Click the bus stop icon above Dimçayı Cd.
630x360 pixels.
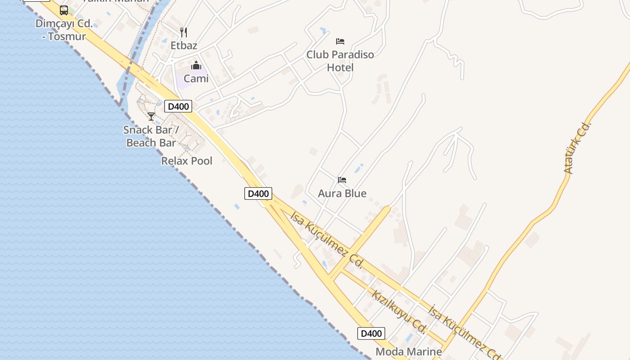(x=64, y=10)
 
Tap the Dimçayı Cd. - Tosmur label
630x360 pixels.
(x=64, y=30)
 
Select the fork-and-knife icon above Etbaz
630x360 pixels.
(x=184, y=32)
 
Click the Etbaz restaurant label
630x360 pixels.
(x=184, y=45)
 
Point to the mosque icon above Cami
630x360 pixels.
(x=196, y=66)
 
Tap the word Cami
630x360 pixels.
(x=196, y=78)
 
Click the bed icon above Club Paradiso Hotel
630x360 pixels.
(x=340, y=41)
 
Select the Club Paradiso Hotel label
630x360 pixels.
(x=340, y=61)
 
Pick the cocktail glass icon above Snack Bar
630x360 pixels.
(x=151, y=117)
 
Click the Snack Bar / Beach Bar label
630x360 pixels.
(x=151, y=136)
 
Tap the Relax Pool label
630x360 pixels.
(x=187, y=161)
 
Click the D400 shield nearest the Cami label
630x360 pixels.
(x=178, y=106)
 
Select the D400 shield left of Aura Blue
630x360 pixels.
(x=258, y=193)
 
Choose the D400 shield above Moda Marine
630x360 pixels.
(x=371, y=333)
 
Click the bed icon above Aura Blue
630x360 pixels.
(x=342, y=180)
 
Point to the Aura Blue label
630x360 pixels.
(x=342, y=193)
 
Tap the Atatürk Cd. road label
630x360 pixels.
(x=577, y=148)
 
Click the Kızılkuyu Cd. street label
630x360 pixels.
(x=399, y=312)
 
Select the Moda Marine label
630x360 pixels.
(x=409, y=351)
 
